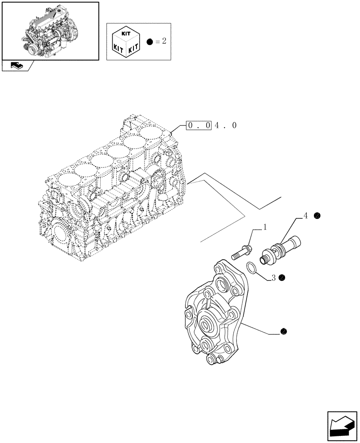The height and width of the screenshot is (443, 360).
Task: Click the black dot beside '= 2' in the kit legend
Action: pos(149,42)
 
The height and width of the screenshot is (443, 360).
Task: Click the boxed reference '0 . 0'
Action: pos(199,126)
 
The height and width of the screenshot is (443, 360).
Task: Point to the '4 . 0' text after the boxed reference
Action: pos(226,126)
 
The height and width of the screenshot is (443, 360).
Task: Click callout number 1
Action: pos(265,228)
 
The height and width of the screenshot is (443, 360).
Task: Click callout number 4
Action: pos(305,216)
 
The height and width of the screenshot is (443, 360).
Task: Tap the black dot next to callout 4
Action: pos(317,216)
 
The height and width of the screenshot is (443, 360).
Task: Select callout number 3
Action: pos(274,278)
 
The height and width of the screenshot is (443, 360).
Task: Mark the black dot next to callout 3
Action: pos(282,278)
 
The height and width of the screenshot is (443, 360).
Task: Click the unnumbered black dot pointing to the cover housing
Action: pos(283,331)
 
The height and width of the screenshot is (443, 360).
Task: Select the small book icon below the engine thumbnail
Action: pos(17,66)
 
